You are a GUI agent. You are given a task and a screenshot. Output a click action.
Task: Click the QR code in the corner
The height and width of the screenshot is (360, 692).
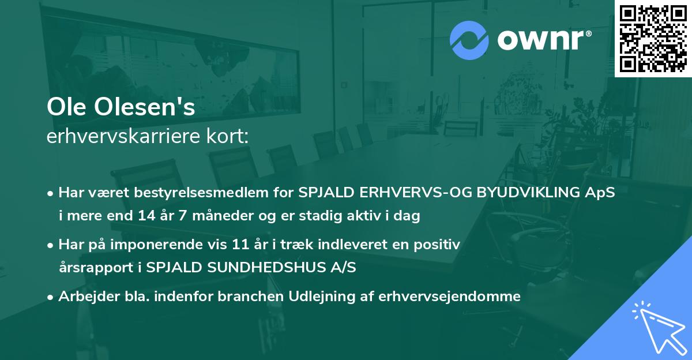653,38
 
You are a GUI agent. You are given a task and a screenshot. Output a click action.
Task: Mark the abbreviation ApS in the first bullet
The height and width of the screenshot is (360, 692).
600,192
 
